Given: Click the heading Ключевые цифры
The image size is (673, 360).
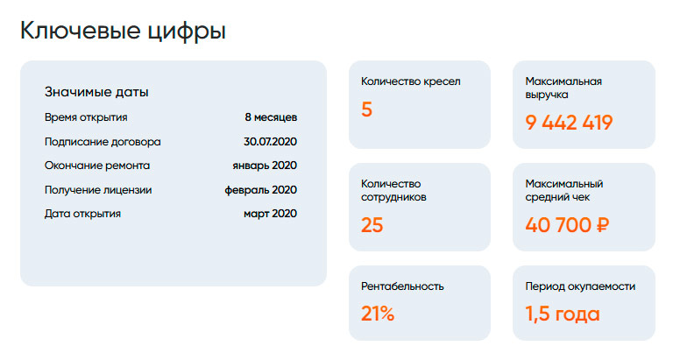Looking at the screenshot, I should pos(123,32).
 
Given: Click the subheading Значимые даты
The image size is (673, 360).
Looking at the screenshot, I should pos(96,92).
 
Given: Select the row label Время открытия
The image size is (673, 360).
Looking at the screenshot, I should pos(86,117).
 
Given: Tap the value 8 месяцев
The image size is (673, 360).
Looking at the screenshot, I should pos(271,117).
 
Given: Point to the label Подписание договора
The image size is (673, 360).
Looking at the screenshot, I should pos(103,141).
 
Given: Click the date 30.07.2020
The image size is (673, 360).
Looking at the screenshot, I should pos(271,141).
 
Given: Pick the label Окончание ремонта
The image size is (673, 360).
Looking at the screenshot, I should pos(97,165).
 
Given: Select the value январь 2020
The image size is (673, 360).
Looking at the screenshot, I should pos(265,165).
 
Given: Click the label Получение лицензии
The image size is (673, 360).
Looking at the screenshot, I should pos(98,189).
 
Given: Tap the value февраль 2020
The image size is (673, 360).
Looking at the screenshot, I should pos(261,189).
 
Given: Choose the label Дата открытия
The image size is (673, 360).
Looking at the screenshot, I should pos(82,213).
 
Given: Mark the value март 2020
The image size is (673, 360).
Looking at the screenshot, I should pos(271,213).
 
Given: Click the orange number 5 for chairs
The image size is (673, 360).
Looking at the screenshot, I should pos(367,110).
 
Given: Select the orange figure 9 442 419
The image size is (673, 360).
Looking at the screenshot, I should pos(569,123).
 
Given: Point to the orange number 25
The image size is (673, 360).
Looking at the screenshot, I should pos(372,225).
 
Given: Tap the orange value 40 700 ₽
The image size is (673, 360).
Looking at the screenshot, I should pos(568,225).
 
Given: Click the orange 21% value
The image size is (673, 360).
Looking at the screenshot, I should pos(378,314).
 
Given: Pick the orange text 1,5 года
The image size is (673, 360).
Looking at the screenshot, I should pos(563,314).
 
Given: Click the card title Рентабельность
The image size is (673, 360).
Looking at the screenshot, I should pos(402,286).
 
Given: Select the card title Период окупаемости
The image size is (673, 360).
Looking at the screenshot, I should pos(580,286).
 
